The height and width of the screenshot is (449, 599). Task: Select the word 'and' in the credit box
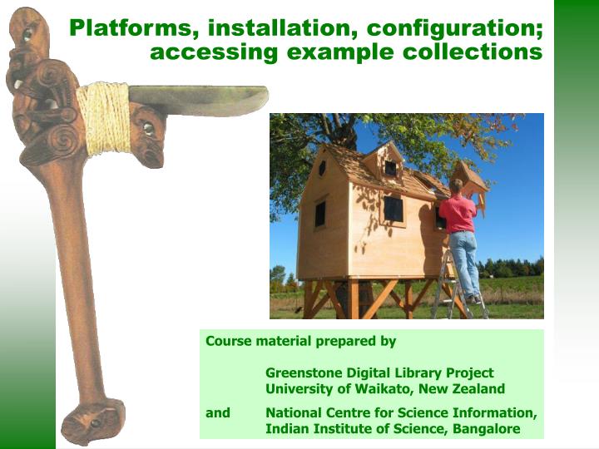(218, 412)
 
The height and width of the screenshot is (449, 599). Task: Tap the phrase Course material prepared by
(300, 341)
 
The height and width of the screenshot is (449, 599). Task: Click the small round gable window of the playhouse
(322, 167)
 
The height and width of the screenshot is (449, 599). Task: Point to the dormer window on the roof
(390, 168)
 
